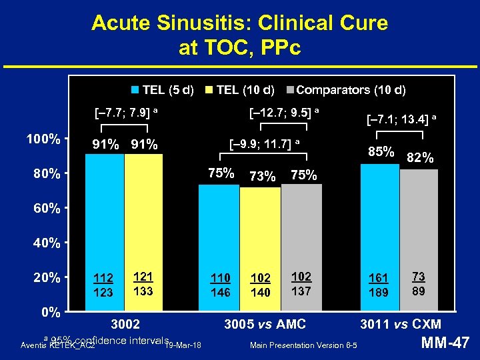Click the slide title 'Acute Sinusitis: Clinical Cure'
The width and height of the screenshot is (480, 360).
[x=239, y=23]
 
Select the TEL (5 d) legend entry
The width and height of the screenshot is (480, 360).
[x=163, y=89]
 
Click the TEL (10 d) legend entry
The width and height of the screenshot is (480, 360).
[x=241, y=89]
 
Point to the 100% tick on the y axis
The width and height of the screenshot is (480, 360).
[x=44, y=139]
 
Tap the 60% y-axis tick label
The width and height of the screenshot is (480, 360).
[x=47, y=209]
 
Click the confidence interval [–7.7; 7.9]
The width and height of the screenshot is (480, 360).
[x=125, y=109]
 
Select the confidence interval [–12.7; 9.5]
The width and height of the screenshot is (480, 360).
[x=284, y=109]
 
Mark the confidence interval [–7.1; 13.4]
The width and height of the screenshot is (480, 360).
[x=401, y=119]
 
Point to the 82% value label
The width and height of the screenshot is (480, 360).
[x=420, y=158]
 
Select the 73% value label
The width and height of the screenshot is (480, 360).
[x=261, y=176]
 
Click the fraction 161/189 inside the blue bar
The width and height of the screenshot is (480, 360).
[x=379, y=285]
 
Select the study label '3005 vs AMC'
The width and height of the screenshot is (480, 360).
[x=265, y=325]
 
